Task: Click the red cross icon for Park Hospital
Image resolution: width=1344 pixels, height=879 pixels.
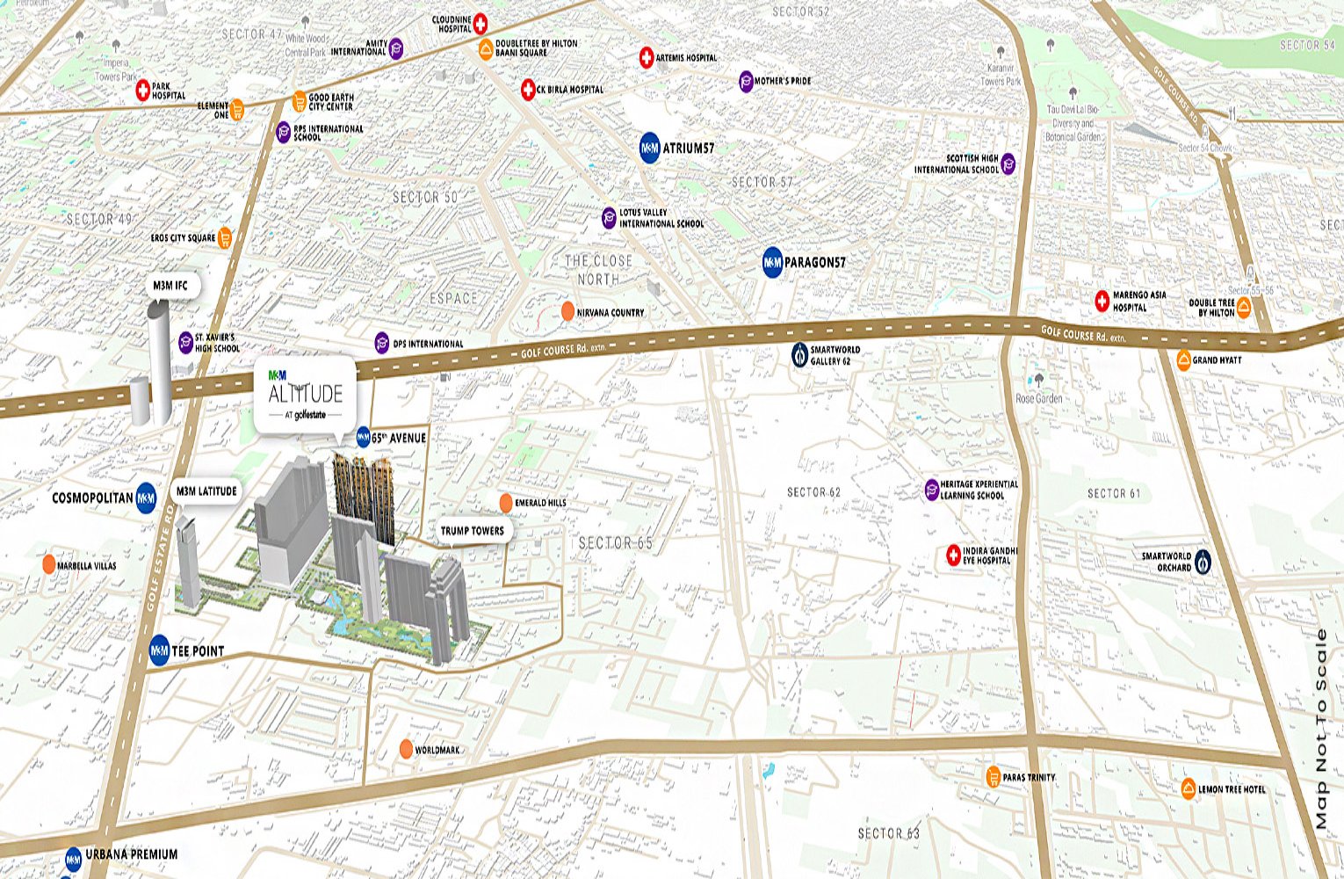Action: [x=142, y=90]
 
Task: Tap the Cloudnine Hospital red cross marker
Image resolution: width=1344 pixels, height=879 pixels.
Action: [x=481, y=24]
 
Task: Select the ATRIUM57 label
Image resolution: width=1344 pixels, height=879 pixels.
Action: [x=688, y=149]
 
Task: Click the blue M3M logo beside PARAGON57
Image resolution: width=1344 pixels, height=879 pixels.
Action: [x=772, y=262]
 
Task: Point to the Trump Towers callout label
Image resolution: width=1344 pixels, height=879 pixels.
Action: [x=473, y=531]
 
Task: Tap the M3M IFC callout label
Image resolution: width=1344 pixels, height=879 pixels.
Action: [x=171, y=286]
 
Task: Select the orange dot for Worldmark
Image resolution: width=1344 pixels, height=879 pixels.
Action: [x=406, y=749]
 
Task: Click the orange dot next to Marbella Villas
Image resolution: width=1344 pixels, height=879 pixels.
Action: [x=48, y=564]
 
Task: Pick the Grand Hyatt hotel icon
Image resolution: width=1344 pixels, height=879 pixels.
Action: [x=1183, y=360]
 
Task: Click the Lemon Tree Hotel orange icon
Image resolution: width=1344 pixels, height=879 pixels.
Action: [x=1189, y=788]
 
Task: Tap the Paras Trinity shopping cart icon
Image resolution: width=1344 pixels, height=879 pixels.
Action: [x=993, y=776]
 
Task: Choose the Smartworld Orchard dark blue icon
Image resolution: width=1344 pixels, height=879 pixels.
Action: [x=1203, y=561]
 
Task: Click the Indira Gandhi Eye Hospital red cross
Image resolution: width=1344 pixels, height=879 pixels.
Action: [x=953, y=555]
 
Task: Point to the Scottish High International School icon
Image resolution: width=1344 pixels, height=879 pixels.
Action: [x=1008, y=163]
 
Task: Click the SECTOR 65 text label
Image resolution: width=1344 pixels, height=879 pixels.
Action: [x=616, y=543]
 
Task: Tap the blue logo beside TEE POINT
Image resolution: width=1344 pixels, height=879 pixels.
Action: [x=160, y=650]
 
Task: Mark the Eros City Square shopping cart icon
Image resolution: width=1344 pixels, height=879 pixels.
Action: [x=225, y=237]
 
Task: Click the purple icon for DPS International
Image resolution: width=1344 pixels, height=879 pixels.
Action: [x=381, y=343]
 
